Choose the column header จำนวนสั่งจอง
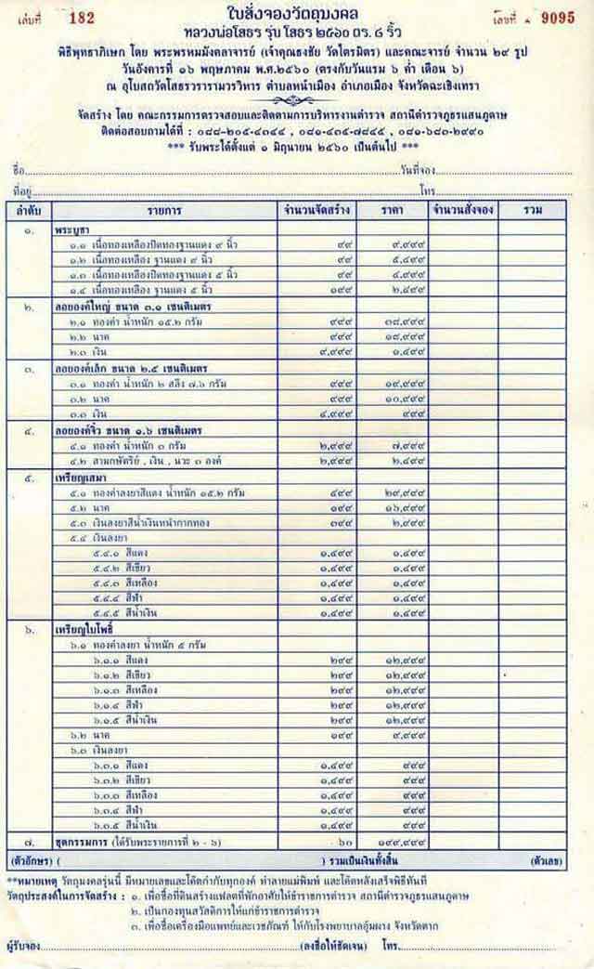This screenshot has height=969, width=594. coord(462,210)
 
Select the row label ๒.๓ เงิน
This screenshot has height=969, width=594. coord(90,352)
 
